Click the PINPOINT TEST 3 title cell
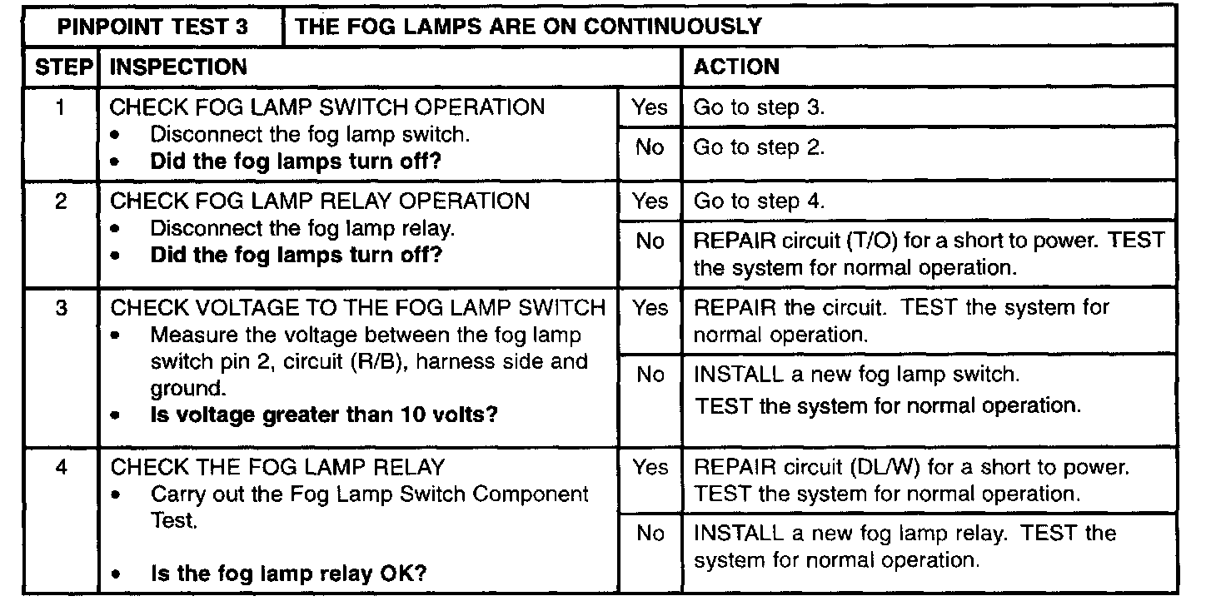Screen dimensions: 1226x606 click(x=152, y=27)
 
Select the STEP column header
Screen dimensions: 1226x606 click(x=61, y=67)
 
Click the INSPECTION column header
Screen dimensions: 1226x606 click(x=178, y=67)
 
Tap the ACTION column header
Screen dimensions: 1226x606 click(x=736, y=67)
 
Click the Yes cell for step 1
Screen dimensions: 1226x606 click(x=649, y=107)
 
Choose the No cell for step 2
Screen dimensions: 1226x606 click(x=649, y=241)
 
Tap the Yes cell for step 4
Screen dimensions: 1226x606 click(x=649, y=468)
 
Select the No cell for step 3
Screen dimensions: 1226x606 click(x=649, y=375)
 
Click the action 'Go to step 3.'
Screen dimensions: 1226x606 click(x=759, y=107)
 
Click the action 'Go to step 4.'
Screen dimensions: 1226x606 click(x=759, y=201)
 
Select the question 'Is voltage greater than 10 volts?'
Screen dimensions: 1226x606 click(x=323, y=415)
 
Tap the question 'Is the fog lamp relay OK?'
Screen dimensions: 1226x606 click(x=288, y=574)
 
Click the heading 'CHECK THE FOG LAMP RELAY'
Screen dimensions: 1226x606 click(x=277, y=467)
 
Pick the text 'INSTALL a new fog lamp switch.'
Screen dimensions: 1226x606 click(x=856, y=375)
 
